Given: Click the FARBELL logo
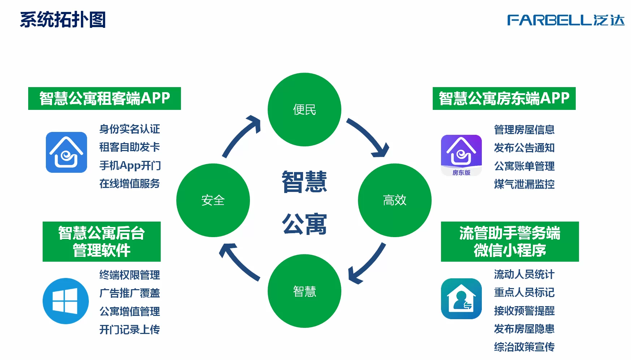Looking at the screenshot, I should pos(566,20).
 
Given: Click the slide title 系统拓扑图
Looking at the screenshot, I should pos(63,20).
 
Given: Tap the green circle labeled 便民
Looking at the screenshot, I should pos(304,110).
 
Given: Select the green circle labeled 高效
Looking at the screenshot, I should pos(394,200).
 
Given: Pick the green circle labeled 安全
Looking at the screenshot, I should pos(213,200).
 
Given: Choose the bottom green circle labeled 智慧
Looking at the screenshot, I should pos(304,291).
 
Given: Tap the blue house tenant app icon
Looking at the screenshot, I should pos(66,152).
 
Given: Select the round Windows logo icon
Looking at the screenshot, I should pos(65,301).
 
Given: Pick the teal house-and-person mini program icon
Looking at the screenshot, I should pos(461,299).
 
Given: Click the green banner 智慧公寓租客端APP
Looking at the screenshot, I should pos(104,98).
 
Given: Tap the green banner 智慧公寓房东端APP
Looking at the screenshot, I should pos(504,98).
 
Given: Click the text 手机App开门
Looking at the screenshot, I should pos(130,166).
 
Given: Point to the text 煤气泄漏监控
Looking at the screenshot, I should pos(524,184).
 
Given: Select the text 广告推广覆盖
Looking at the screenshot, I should pos(130,293).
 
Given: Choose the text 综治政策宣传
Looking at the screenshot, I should pos(524,347).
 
